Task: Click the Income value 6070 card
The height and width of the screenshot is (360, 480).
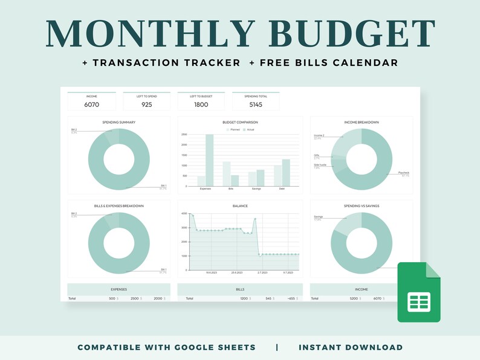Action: tap(91, 104)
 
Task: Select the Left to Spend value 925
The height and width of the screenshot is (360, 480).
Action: tap(146, 104)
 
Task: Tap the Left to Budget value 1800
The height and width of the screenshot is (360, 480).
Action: tap(201, 104)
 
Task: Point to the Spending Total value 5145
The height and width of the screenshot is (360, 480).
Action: tap(256, 104)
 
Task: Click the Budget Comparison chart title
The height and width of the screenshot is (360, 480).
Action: tap(240, 122)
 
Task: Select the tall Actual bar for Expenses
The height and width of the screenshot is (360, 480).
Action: tap(209, 160)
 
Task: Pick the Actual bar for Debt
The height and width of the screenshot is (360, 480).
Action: tap(286, 173)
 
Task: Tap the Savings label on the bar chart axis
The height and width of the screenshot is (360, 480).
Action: tap(256, 189)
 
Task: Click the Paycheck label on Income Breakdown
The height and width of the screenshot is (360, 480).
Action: tap(403, 173)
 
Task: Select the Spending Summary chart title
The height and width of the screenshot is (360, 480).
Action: tap(118, 122)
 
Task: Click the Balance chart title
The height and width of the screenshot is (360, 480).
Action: tap(240, 206)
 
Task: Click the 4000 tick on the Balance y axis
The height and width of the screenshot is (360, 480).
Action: tap(184, 213)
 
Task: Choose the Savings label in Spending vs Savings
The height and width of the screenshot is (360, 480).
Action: tap(319, 217)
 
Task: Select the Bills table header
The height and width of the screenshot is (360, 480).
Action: tap(240, 289)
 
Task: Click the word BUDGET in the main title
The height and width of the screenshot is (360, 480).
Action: tap(340, 34)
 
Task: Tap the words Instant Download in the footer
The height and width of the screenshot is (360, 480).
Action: tap(351, 347)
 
